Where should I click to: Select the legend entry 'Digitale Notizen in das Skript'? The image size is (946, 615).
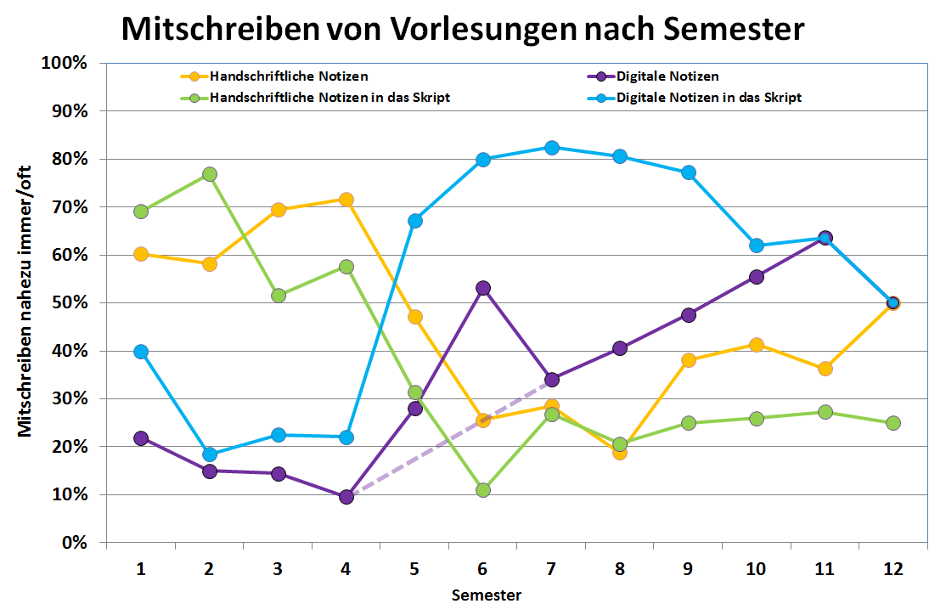pos(708,97)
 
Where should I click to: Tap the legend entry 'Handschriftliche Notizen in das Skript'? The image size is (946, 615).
pos(330,97)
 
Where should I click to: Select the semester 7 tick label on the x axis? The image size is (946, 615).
pos(551,568)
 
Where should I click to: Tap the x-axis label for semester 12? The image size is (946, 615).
pos(893,568)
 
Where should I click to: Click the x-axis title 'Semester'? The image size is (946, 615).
pos(487,595)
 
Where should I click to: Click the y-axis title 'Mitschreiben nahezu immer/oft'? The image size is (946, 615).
pos(25,302)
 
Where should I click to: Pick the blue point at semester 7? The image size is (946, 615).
pos(551,147)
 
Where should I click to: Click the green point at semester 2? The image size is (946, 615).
pos(210,174)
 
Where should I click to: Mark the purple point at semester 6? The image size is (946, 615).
pos(483,288)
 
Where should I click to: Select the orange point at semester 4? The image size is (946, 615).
pos(346,200)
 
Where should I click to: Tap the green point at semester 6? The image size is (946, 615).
pos(483,490)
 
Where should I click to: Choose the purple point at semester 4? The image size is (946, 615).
pos(346,497)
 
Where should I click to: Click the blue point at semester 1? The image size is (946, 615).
pos(141,352)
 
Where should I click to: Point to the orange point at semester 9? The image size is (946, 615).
pos(688,360)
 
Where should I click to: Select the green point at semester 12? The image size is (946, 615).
pos(893,423)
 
